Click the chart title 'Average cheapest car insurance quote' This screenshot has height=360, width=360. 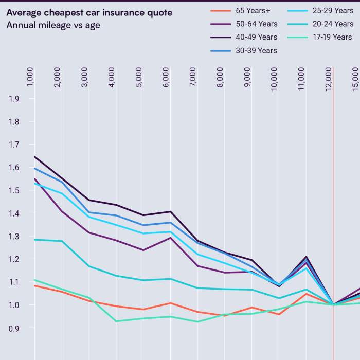89,12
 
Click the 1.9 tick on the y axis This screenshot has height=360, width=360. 14,99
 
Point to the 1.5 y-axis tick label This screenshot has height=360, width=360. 14,190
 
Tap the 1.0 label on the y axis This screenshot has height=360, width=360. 14,305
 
